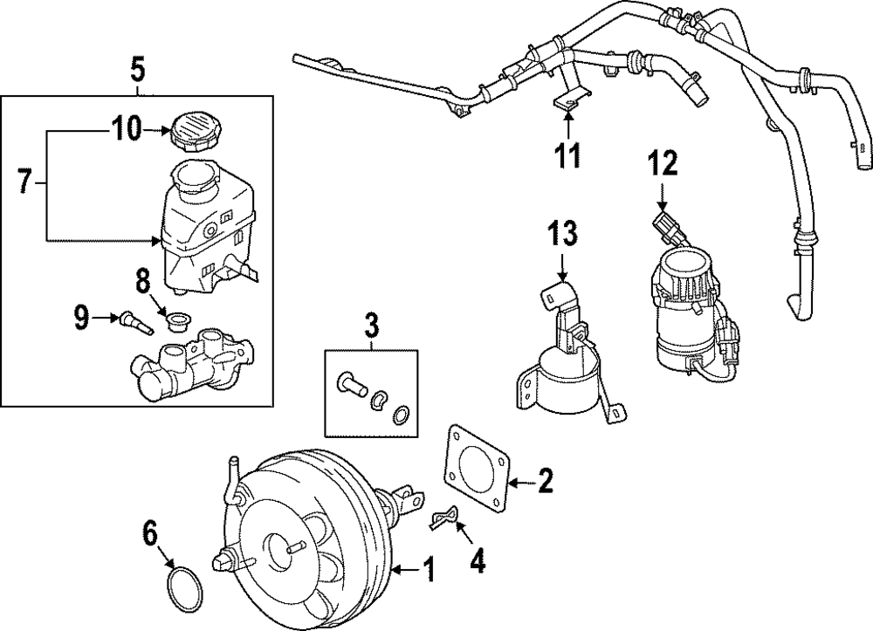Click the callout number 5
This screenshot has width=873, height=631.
[138, 71]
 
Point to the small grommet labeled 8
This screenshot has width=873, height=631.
[178, 320]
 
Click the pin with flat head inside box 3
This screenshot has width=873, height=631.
[351, 385]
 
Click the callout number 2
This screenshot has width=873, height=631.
[545, 480]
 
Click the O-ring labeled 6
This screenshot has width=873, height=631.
[184, 589]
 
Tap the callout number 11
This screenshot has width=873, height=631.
[568, 154]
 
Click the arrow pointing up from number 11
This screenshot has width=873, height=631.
[568, 125]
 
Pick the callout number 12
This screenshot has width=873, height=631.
[663, 163]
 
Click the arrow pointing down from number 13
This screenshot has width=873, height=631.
[562, 266]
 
